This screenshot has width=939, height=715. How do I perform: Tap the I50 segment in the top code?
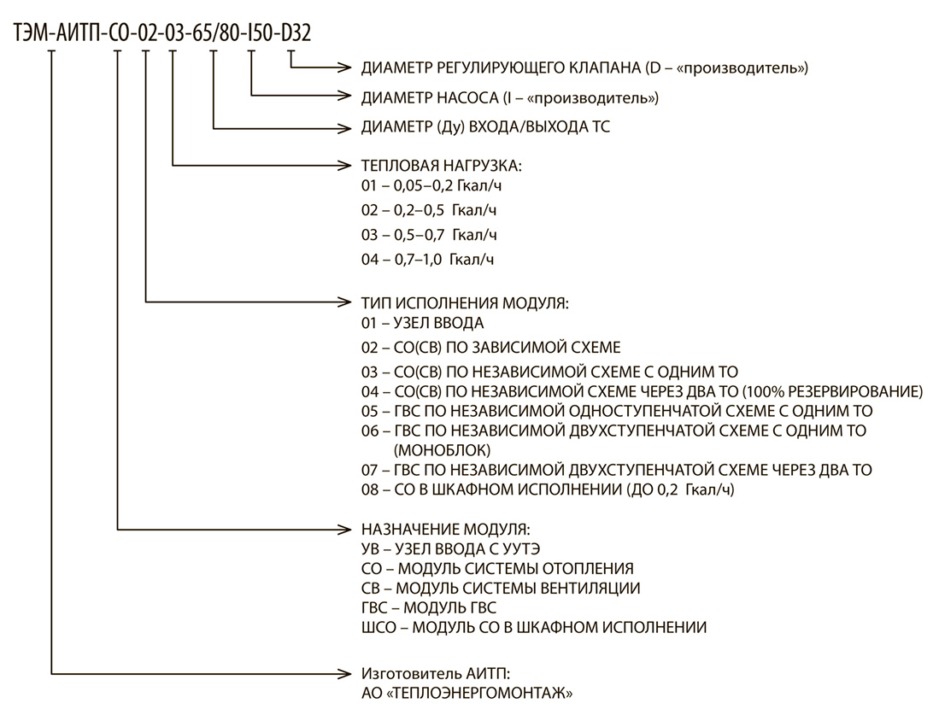click(x=260, y=33)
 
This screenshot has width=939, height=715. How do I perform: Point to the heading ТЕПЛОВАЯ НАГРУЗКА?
click(x=442, y=166)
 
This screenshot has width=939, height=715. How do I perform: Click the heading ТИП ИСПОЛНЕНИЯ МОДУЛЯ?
click(x=465, y=303)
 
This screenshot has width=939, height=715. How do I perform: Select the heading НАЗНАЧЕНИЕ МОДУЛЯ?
click(x=445, y=530)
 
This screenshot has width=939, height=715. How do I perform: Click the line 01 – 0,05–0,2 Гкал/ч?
click(x=431, y=185)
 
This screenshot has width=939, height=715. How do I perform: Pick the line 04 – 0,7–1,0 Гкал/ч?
click(x=427, y=260)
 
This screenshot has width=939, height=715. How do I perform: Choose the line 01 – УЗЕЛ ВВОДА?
click(x=422, y=324)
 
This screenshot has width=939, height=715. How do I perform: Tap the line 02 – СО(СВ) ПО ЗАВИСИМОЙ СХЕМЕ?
click(x=490, y=348)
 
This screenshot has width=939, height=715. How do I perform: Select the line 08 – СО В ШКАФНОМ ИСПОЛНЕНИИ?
click(x=548, y=489)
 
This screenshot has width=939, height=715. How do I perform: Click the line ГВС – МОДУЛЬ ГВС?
click(x=429, y=608)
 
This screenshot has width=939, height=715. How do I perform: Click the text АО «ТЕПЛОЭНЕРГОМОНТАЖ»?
click(x=467, y=694)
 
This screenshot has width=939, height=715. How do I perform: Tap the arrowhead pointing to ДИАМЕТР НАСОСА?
click(x=345, y=95)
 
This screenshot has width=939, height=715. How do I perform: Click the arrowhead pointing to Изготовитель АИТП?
click(x=345, y=674)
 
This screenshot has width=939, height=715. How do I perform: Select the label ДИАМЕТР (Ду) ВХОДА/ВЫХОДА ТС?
click(x=485, y=127)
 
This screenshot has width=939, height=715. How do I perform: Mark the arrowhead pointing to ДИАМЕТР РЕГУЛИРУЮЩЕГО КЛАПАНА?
click(x=345, y=67)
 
